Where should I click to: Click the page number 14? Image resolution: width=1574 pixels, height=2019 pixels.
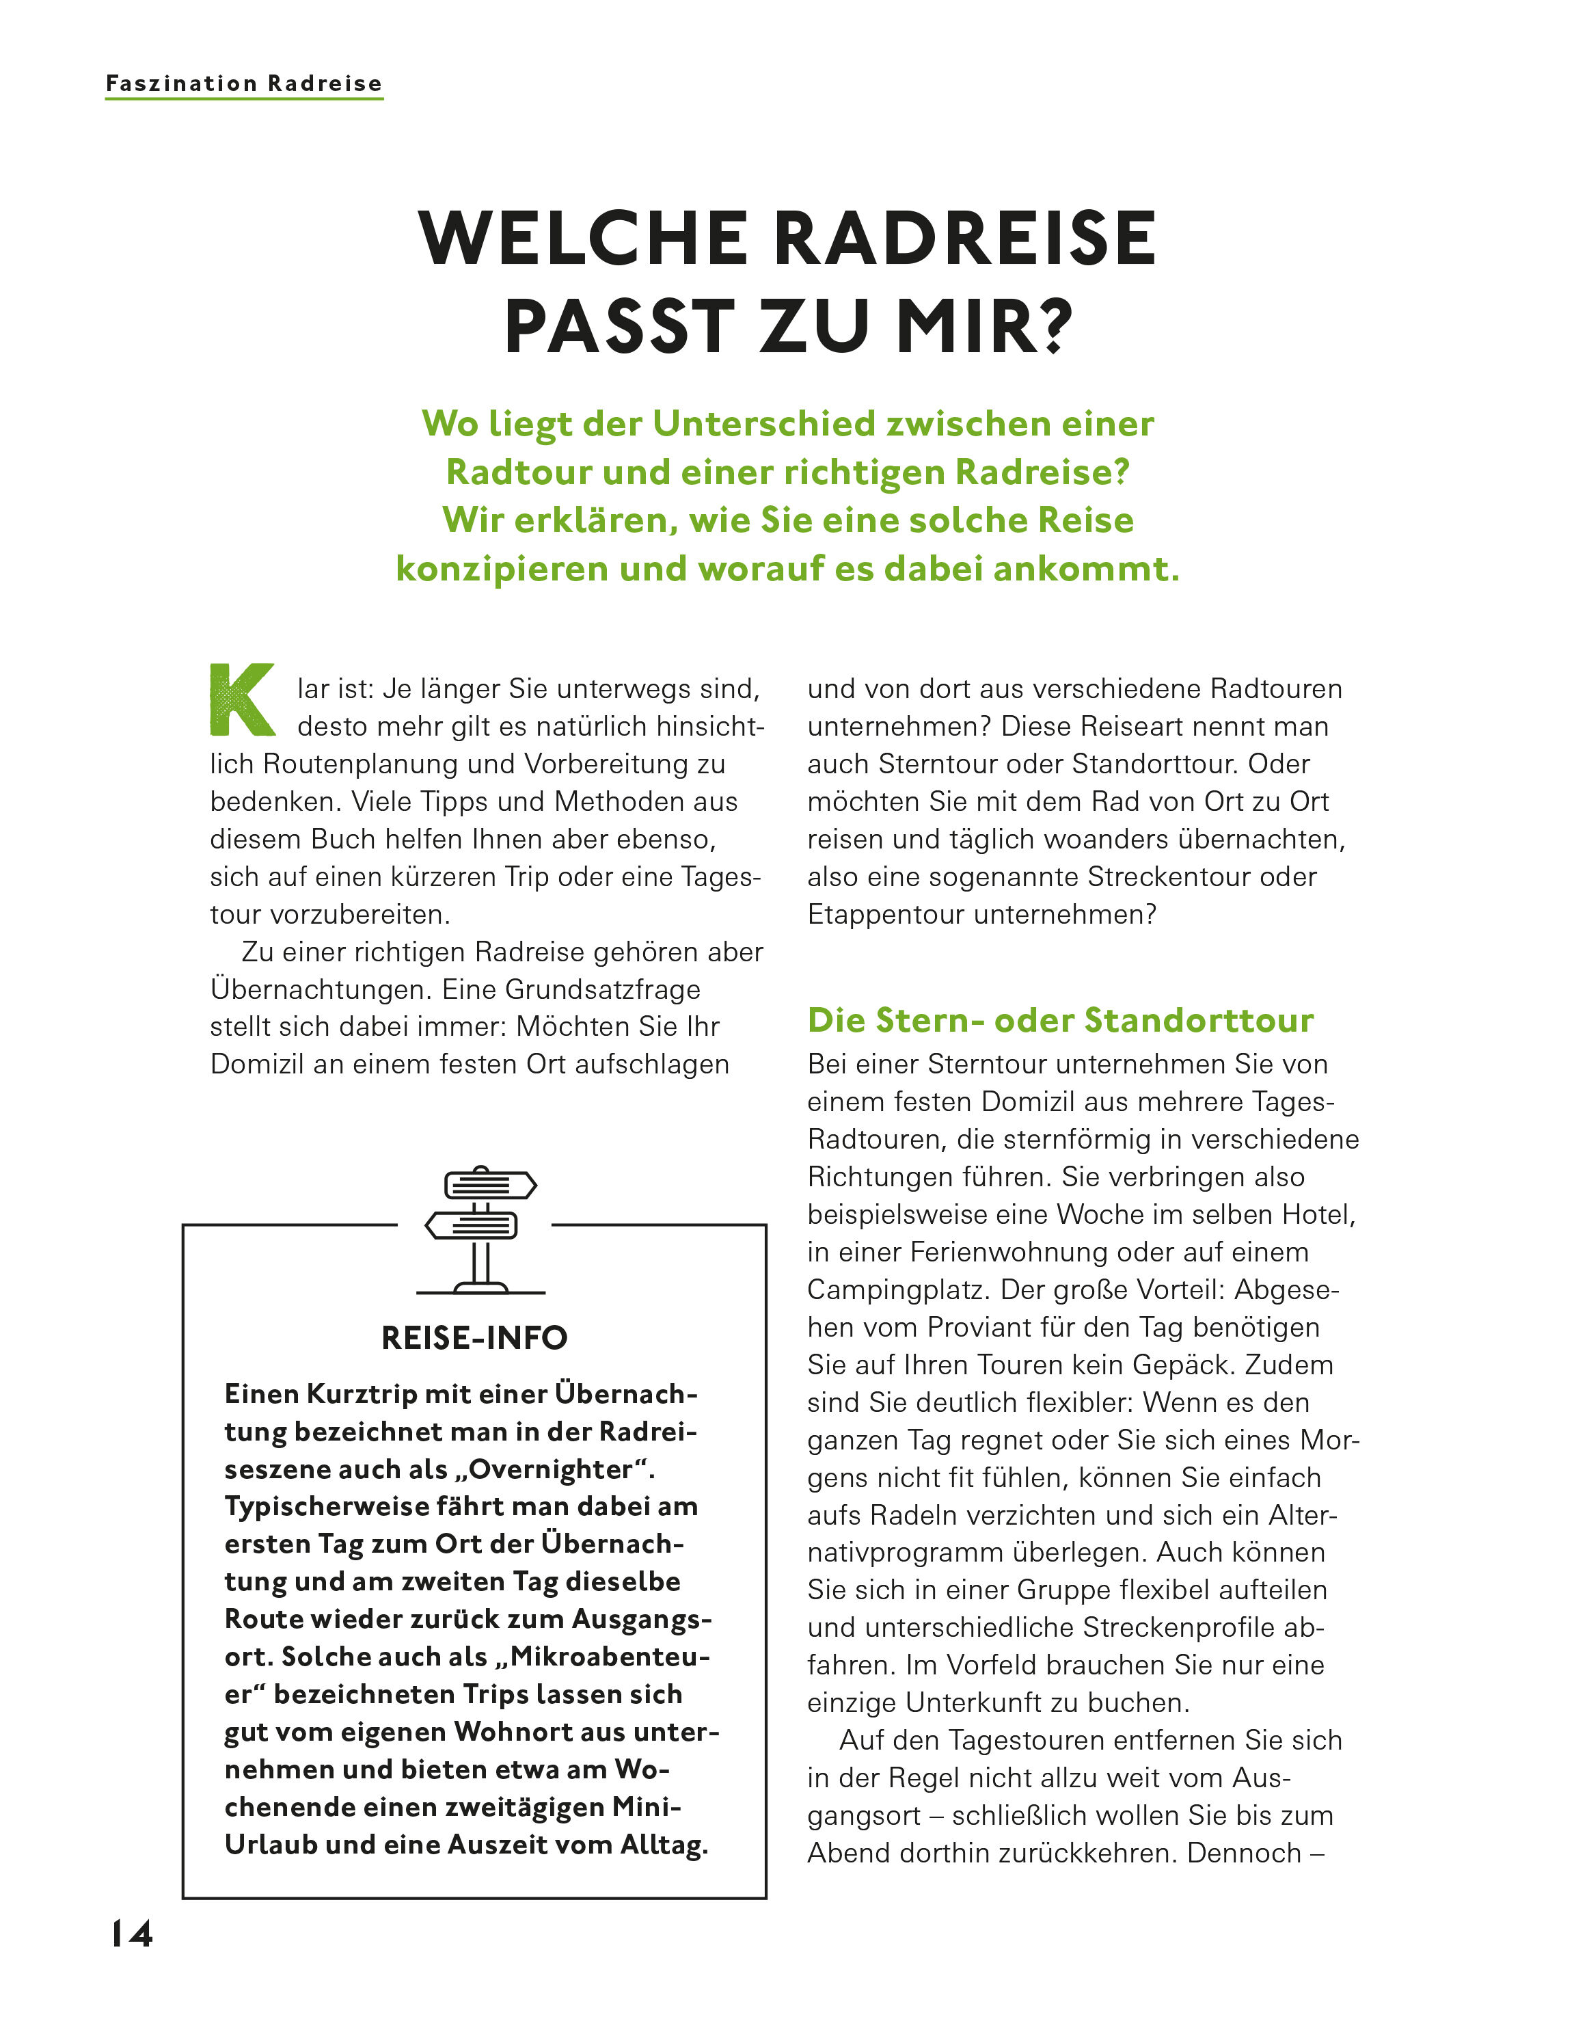pyautogui.click(x=132, y=1933)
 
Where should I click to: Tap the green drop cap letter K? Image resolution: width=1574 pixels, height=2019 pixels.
pyautogui.click(x=242, y=700)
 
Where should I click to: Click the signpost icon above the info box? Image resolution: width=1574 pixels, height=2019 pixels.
pyautogui.click(x=480, y=1229)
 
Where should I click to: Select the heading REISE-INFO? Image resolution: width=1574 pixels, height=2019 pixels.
pyautogui.click(x=474, y=1337)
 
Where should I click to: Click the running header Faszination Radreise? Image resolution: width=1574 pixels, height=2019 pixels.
pyautogui.click(x=244, y=83)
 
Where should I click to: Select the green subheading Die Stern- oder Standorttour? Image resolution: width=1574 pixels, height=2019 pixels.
pyautogui.click(x=1060, y=1019)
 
